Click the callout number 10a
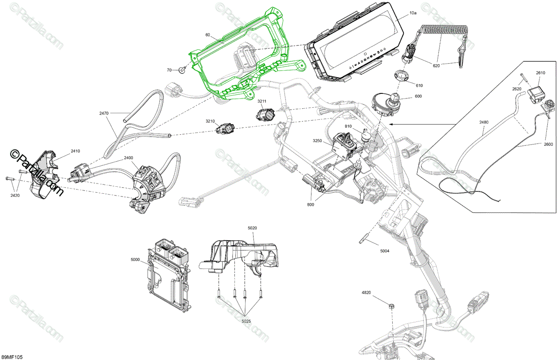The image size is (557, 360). (413, 13)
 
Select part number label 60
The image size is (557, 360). (207, 35)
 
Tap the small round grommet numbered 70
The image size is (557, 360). (182, 70)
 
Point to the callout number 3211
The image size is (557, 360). (262, 101)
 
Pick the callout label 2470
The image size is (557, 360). (104, 113)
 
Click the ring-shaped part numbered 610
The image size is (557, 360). (402, 76)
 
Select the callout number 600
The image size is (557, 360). (418, 96)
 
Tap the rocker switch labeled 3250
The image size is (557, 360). (343, 147)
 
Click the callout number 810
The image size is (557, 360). (348, 126)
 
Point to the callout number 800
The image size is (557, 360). (311, 204)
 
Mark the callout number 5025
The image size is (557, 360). (246, 321)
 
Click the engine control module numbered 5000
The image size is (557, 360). (168, 275)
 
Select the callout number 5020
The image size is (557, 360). (253, 228)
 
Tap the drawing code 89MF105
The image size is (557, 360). (12, 357)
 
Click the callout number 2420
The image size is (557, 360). (15, 195)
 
